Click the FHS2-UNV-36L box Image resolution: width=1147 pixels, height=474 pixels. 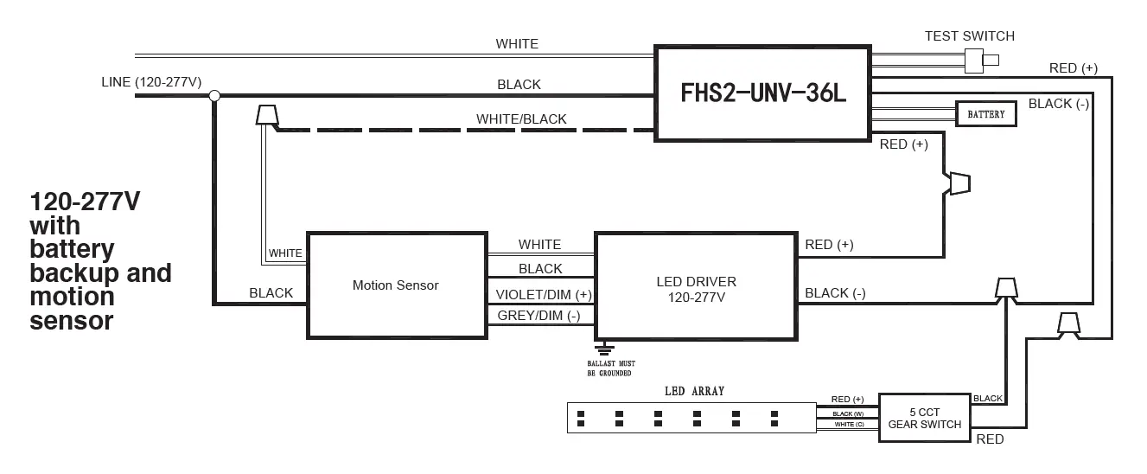coord(761,93)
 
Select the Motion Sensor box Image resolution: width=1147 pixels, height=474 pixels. coord(395,285)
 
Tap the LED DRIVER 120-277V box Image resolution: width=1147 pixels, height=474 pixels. coord(696,285)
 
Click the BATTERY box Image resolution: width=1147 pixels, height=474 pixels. coord(985,114)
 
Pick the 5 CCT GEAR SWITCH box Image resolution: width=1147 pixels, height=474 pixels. coord(924,418)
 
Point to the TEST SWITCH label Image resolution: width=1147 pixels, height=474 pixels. coord(969,36)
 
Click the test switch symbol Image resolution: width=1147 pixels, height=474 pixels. coord(980,60)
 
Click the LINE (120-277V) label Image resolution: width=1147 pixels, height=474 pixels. coord(151,82)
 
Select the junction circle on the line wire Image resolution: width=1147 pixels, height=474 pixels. coord(214,96)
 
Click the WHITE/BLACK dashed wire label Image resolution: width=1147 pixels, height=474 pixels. coord(521,119)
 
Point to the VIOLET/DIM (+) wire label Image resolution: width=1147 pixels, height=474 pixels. coord(544,293)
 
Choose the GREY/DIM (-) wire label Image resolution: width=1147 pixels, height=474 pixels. coord(538,316)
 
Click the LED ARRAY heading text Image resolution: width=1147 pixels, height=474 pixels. coord(694,391)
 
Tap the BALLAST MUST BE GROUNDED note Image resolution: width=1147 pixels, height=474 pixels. coord(611,368)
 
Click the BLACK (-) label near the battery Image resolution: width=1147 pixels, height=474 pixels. coord(1058,104)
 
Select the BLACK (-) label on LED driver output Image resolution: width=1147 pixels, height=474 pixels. coord(834,293)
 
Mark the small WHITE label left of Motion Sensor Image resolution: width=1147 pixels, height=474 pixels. coord(285,253)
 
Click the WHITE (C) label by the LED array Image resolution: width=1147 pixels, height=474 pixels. coord(849,425)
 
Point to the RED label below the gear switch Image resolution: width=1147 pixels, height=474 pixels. coord(990,439)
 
